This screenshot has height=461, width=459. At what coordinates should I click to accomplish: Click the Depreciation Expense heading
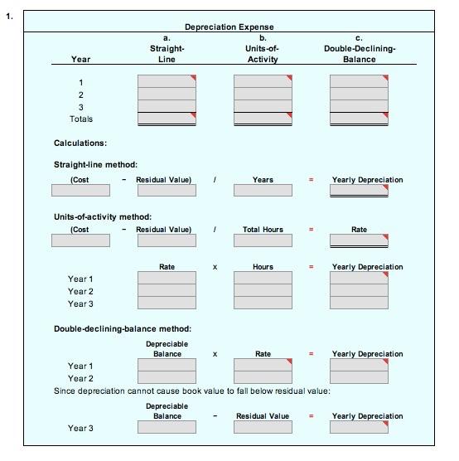pyautogui.click(x=229, y=27)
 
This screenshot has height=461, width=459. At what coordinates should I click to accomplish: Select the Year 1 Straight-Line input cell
pyautogui.click(x=167, y=81)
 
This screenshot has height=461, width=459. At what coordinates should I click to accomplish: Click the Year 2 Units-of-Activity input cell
pyautogui.click(x=263, y=95)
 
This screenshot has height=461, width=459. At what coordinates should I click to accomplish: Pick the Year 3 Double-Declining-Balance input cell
pyautogui.click(x=359, y=107)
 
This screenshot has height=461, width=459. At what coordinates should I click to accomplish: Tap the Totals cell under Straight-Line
pyautogui.click(x=167, y=119)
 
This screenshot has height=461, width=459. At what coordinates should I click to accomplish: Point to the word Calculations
pyautogui.click(x=80, y=143)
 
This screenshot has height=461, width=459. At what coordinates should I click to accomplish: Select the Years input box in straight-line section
pyautogui.click(x=263, y=191)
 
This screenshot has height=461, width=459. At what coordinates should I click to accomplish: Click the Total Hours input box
pyautogui.click(x=263, y=240)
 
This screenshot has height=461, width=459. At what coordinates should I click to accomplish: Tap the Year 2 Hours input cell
pyautogui.click(x=263, y=291)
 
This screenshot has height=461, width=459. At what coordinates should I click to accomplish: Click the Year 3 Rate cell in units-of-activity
pyautogui.click(x=167, y=303)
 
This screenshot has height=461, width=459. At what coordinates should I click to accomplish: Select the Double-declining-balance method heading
pyautogui.click(x=123, y=329)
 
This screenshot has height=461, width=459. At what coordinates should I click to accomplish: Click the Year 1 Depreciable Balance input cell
pyautogui.click(x=167, y=366)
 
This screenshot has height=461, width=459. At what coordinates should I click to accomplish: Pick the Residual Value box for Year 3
pyautogui.click(x=263, y=428)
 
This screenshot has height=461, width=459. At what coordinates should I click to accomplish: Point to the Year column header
pyautogui.click(x=81, y=60)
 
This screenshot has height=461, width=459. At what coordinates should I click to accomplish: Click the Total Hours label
pyautogui.click(x=263, y=229)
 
